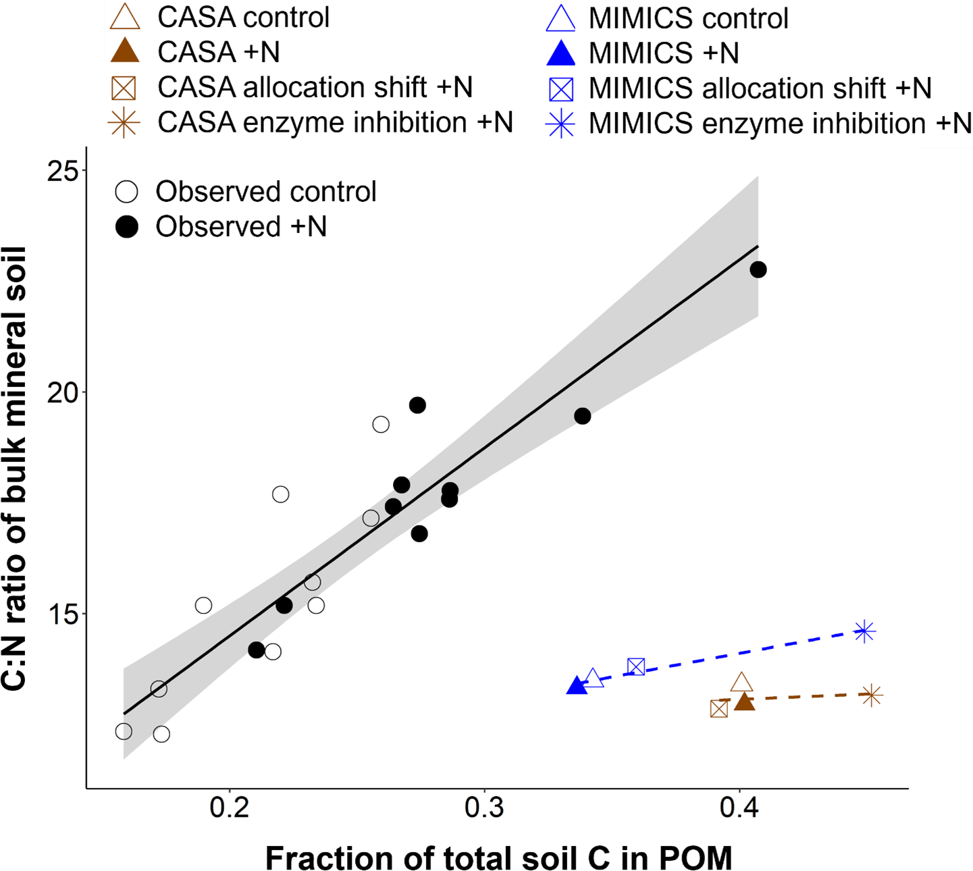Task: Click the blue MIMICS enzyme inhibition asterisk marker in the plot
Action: [864, 632]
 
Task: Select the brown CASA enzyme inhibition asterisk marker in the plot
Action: [872, 695]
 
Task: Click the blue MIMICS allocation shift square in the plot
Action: [636, 667]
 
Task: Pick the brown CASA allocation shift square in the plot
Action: [719, 709]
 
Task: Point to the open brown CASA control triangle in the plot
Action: [741, 683]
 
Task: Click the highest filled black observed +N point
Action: [758, 270]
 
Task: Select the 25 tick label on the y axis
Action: [63, 170]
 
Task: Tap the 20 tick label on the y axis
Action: [63, 392]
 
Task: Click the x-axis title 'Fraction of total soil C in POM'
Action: [498, 858]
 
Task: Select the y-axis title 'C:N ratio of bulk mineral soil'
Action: [15, 469]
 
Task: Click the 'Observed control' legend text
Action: [266, 192]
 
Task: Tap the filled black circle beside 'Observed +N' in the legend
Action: [127, 227]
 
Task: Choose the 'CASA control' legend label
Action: [243, 18]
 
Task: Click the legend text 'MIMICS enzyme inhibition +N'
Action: [780, 124]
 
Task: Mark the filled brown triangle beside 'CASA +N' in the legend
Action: [125, 52]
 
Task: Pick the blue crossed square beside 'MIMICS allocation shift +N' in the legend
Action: [561, 89]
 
